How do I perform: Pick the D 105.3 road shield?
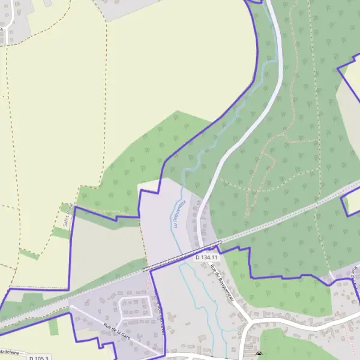point(38,358)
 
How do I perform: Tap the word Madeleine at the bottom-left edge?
point(10,352)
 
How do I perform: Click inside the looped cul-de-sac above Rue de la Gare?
point(133,308)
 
